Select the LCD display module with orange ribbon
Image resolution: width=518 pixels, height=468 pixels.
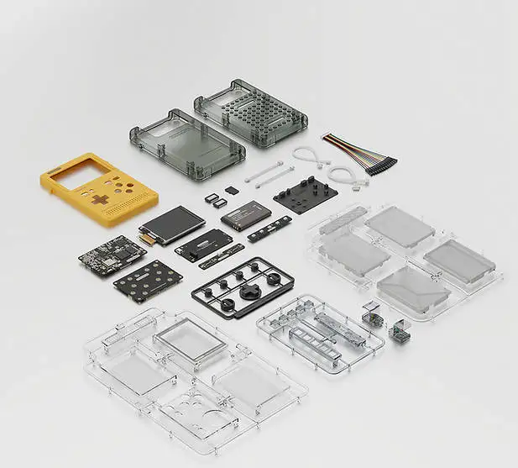click(x=173, y=222)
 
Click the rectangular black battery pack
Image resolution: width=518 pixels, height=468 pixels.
click(x=245, y=216)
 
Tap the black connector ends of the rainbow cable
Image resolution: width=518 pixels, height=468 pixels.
click(x=381, y=166)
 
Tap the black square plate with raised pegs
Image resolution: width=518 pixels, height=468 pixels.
click(x=306, y=193)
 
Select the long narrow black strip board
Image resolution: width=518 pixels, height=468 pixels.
click(x=269, y=229)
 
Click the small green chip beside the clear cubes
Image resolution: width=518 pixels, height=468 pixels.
click(x=402, y=335)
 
